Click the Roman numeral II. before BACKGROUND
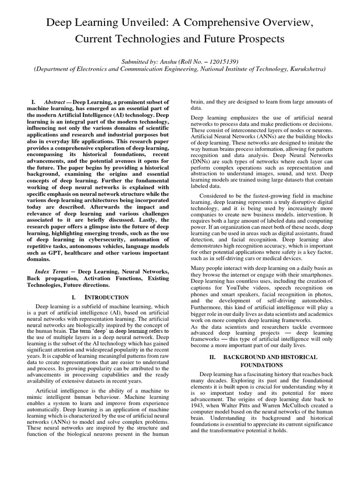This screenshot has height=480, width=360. point(212,357)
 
